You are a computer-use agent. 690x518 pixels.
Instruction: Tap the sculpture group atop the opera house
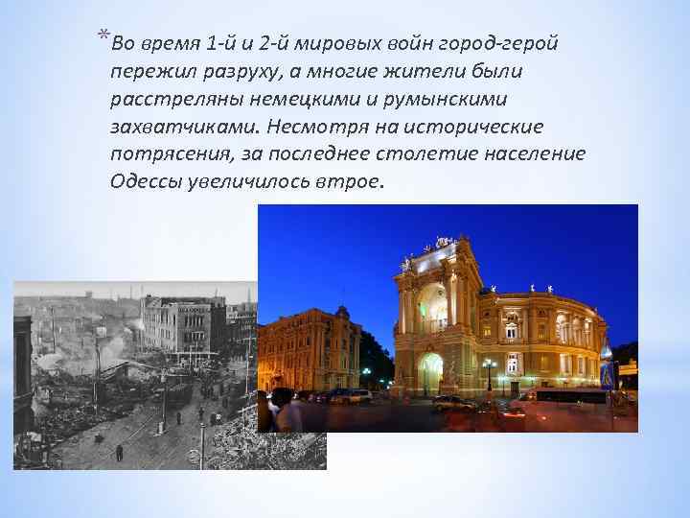(443, 246)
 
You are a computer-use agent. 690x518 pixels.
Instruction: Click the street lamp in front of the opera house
(489, 372)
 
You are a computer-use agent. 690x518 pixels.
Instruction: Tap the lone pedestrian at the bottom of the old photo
(119, 452)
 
